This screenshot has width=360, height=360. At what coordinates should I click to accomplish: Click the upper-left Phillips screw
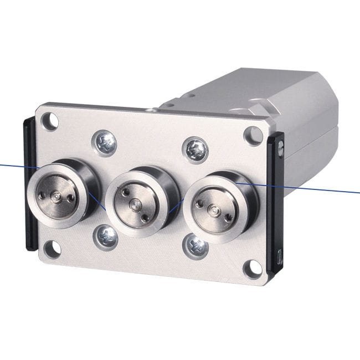[104, 142]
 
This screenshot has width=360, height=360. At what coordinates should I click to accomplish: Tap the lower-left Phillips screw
[106, 237]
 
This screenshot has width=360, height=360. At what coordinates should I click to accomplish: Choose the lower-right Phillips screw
[196, 246]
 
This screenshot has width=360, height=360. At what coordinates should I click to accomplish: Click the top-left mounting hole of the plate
[50, 120]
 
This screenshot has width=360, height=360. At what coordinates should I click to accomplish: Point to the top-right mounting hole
[253, 135]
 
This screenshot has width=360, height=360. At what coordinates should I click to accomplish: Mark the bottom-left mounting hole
[53, 249]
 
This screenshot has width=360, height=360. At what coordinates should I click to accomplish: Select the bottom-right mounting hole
[252, 268]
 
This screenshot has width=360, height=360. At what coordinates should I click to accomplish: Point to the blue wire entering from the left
[14, 165]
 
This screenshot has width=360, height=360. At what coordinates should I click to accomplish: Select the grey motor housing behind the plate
[288, 105]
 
